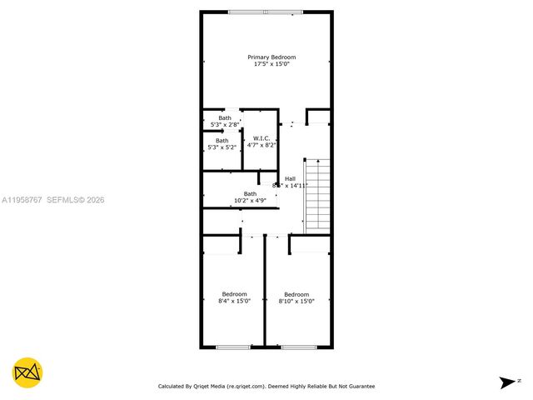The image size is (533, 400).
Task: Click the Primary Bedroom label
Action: [271, 57]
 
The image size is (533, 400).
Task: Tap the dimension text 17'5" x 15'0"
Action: [271, 64]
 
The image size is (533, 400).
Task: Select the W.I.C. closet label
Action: [261, 138]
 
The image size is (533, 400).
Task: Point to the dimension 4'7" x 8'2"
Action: [261, 145]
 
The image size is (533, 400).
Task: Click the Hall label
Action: [290, 178]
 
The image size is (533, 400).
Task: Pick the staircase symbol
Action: [316, 196]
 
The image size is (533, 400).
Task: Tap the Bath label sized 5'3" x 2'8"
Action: [225, 117]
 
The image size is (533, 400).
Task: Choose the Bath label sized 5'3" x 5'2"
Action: [222, 141]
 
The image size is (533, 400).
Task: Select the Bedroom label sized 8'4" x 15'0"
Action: [234, 294]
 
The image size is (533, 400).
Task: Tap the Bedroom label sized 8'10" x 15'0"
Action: [296, 294]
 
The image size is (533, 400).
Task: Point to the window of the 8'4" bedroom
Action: [233, 347]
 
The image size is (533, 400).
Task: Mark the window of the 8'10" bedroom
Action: [297, 347]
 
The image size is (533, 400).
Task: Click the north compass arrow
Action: [506, 382]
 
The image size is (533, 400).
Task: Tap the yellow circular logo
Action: [27, 372]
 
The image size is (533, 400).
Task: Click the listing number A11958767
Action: [22, 200]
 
